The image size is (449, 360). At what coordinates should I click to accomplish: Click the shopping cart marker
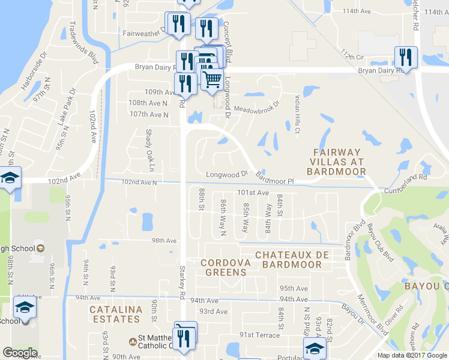tap(211, 79)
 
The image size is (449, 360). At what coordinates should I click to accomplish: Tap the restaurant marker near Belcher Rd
tap(406, 58)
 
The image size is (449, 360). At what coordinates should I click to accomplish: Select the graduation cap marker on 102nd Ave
tap(10, 178)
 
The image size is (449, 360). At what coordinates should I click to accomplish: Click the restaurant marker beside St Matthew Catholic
tap(185, 335)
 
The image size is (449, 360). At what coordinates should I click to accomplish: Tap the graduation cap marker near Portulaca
tap(315, 349)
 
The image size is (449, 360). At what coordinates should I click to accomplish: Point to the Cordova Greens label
tap(223, 267)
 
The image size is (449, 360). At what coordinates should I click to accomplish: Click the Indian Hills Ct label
tap(297, 115)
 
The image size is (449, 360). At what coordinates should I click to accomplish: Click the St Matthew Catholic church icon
tap(132, 341)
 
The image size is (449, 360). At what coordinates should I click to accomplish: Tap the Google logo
tap(20, 353)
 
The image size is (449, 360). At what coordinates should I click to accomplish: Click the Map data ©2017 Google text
tap(412, 355)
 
